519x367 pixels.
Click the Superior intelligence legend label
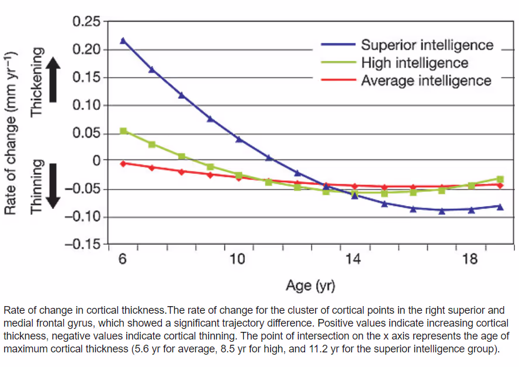click(x=427, y=45)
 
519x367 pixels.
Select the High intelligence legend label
click(x=414, y=63)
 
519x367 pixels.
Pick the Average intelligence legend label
click(x=426, y=80)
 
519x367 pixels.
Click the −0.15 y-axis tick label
click(x=82, y=243)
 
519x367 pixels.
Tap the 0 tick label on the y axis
click(x=96, y=160)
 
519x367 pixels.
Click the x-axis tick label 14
click(x=354, y=259)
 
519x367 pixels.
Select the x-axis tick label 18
click(x=469, y=259)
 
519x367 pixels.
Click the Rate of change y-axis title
click(x=11, y=133)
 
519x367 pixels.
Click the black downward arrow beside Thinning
click(x=53, y=186)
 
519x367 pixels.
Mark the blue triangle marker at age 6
click(x=123, y=40)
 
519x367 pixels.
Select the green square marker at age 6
click(x=123, y=131)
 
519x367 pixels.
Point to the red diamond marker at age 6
click(x=123, y=163)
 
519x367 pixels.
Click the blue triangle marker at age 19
click(x=500, y=206)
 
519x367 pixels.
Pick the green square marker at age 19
click(x=500, y=179)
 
